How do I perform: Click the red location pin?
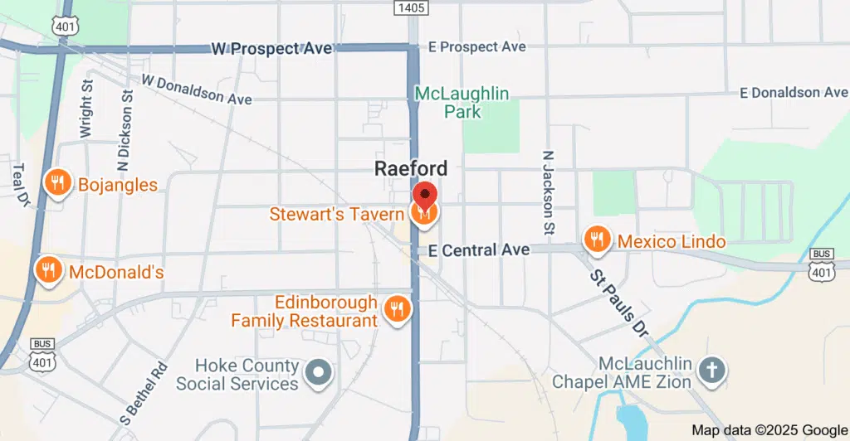(x=425, y=196)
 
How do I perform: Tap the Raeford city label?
(x=411, y=168)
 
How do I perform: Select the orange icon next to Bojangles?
(x=57, y=183)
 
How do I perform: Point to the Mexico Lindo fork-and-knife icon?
(x=596, y=240)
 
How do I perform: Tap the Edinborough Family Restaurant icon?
(x=398, y=309)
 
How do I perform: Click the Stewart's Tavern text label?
(x=336, y=214)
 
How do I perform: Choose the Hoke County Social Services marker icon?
(x=318, y=374)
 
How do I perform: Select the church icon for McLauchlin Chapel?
(x=711, y=372)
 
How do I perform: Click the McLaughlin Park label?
(x=462, y=102)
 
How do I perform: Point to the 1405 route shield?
(x=411, y=7)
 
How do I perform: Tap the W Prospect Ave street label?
(x=271, y=49)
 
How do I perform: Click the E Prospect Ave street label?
(x=477, y=47)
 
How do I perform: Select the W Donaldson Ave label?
(x=197, y=90)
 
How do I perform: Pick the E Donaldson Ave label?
(x=794, y=92)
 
